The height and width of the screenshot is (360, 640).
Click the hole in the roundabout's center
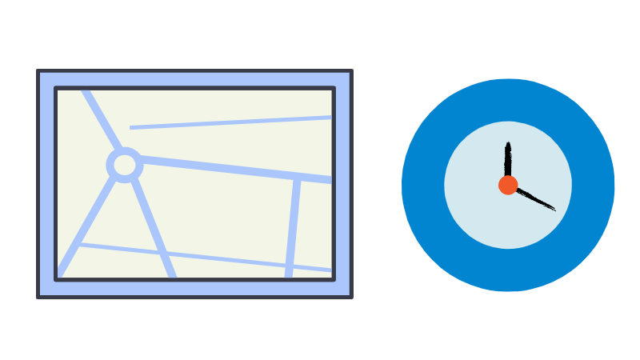click(x=125, y=165)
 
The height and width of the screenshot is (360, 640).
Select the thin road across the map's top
click(x=232, y=122)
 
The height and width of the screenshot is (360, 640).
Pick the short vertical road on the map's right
click(x=293, y=228)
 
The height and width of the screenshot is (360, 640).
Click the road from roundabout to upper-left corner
click(x=102, y=120)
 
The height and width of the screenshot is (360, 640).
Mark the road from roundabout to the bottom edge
click(x=152, y=227)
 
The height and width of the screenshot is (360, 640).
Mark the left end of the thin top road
click(x=132, y=127)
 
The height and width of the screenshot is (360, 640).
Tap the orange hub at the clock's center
click(x=508, y=185)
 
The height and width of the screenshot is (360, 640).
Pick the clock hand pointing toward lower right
click(x=534, y=198)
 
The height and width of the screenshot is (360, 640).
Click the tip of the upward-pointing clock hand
click(x=508, y=144)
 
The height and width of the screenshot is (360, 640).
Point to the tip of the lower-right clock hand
click(x=554, y=210)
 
